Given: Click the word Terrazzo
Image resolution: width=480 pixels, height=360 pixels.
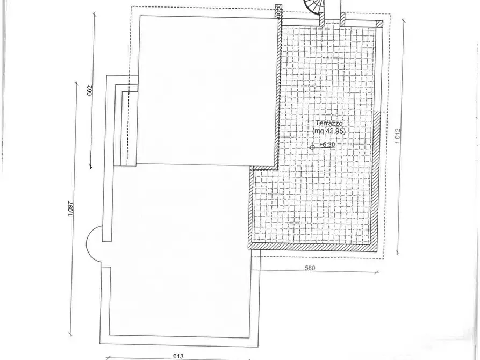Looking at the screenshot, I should [x=328, y=123].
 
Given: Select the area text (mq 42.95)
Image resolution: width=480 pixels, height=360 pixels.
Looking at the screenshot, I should [x=328, y=131].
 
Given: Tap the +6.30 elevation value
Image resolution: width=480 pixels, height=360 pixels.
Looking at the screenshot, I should [x=327, y=145].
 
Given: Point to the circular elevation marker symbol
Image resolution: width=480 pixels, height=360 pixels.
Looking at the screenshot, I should [x=313, y=146].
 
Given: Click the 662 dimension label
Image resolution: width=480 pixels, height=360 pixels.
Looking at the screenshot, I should [x=90, y=90].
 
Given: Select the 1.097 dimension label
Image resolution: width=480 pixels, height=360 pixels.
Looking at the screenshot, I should [x=70, y=208].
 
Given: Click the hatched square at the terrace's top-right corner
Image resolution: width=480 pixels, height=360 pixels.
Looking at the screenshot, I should [x=379, y=24].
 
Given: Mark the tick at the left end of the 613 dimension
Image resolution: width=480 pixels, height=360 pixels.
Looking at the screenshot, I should [x=108, y=356].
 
